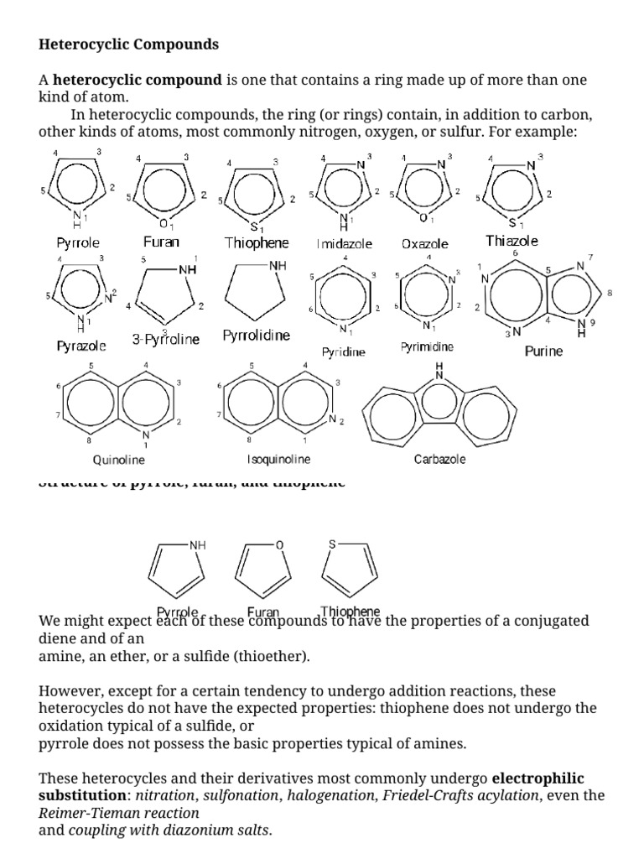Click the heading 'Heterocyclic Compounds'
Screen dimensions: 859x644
128,44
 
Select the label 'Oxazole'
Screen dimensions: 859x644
424,244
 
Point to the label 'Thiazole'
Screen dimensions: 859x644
512,241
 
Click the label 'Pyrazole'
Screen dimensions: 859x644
81,345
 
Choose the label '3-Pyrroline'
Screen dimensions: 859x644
166,340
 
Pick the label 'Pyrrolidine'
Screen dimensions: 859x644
257,336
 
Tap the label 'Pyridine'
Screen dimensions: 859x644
344,353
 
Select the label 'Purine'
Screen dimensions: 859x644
543,351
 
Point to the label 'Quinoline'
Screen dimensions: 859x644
118,460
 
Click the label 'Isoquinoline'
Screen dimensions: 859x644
278,460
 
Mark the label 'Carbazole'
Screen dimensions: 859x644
440,460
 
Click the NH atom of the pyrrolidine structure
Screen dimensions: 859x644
278,265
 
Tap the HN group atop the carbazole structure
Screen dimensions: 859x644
439,372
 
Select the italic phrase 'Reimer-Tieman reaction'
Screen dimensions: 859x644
119,813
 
